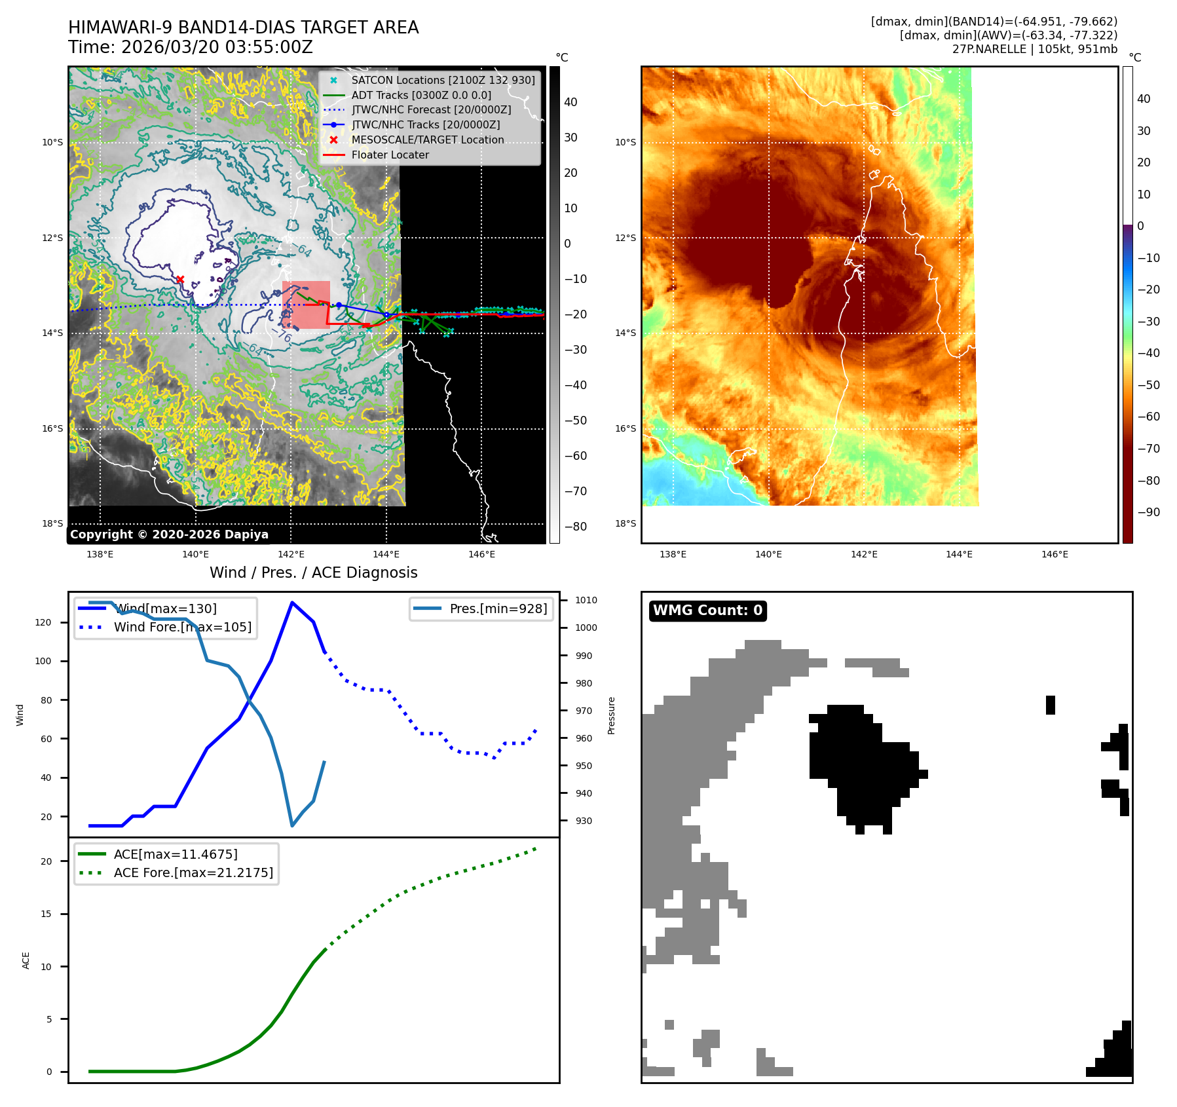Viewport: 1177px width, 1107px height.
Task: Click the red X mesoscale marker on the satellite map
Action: pos(180,280)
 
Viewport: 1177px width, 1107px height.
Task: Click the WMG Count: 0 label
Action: pos(707,610)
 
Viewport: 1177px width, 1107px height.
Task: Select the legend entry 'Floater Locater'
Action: pos(390,155)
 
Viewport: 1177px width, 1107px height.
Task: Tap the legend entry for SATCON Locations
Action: pos(443,81)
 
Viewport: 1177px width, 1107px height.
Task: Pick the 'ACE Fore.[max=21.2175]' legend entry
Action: pos(193,872)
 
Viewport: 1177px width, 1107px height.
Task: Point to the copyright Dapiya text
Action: pos(169,535)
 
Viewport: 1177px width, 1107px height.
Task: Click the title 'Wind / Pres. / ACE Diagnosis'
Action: pos(313,572)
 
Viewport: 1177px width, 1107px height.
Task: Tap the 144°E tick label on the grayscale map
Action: pos(386,554)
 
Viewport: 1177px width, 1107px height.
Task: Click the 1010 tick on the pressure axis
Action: pos(586,600)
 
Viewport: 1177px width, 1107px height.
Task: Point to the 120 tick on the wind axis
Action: pos(43,622)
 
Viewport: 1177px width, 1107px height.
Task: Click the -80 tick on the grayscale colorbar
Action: pos(576,527)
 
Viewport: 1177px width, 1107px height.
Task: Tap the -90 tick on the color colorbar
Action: pos(1148,512)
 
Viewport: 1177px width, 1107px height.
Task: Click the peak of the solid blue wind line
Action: pos(291,603)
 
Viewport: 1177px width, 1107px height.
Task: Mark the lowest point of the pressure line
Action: pos(292,825)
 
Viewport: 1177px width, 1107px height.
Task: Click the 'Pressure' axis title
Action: pos(611,715)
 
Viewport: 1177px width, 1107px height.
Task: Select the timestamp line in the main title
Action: pos(190,48)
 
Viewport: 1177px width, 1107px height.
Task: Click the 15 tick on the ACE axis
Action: pos(46,914)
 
